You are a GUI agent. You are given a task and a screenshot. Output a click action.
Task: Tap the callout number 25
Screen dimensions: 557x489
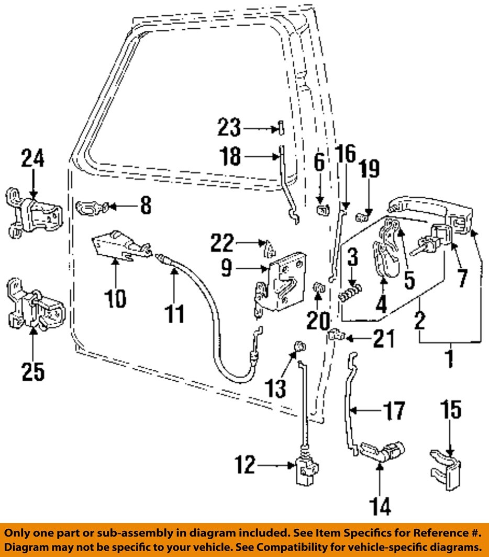(x=32, y=371)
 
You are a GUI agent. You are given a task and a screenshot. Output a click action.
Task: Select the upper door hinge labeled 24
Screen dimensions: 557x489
(x=34, y=215)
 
